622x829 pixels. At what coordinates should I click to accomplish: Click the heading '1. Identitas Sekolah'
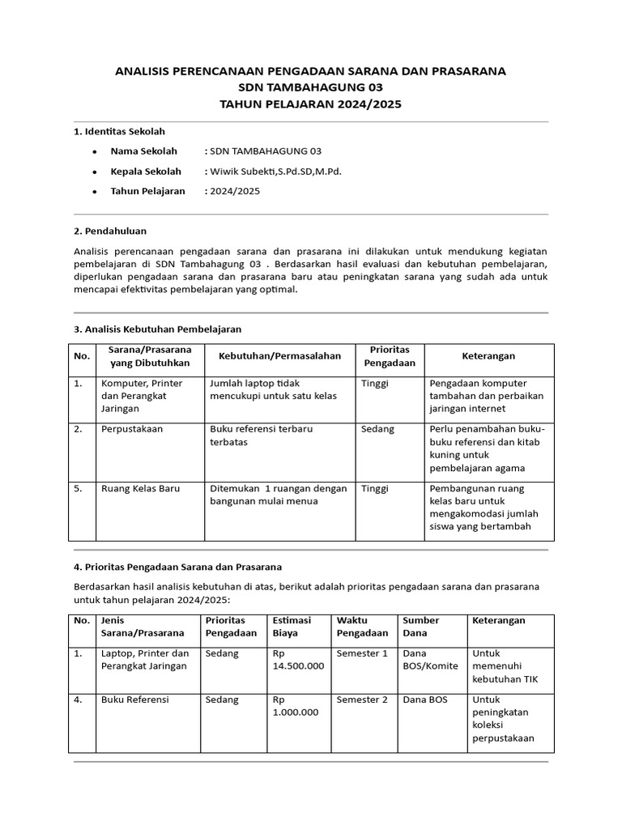[120, 131]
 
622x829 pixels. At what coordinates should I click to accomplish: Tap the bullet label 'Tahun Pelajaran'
[147, 191]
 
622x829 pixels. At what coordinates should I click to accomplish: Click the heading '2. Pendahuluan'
[110, 231]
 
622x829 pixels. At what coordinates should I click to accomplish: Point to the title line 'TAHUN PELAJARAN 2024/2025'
[310, 104]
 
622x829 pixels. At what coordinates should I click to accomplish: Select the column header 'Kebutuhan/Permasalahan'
[279, 355]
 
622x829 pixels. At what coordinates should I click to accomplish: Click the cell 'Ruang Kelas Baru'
[139, 488]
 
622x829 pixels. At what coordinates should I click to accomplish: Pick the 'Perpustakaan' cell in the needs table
[131, 428]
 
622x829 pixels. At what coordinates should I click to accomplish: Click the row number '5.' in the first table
[79, 488]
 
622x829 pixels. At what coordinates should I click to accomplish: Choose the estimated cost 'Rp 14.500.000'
[298, 659]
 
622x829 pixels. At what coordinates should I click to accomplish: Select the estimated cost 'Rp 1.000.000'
[295, 706]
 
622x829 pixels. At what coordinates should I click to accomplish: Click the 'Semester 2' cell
[362, 699]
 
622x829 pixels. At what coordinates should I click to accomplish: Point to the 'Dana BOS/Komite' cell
[430, 659]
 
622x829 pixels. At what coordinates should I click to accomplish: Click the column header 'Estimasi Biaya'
[293, 627]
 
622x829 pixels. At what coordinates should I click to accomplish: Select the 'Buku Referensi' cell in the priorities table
[134, 699]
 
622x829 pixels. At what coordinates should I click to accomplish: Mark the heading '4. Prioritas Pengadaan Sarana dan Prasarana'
[177, 566]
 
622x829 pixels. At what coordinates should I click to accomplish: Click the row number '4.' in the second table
[79, 699]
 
